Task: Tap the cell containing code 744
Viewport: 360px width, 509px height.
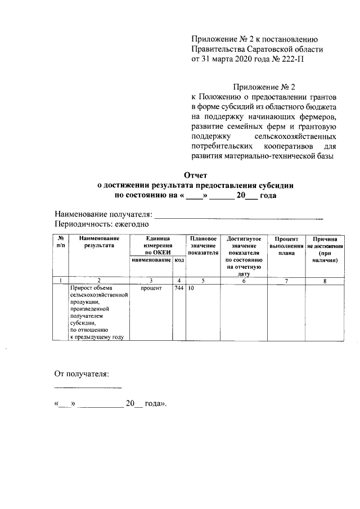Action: point(179,288)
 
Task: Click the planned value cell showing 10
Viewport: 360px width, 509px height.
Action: point(191,288)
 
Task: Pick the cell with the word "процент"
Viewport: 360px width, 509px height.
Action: point(151,288)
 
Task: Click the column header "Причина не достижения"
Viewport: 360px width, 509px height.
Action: point(325,250)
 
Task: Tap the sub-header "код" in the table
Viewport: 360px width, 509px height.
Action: point(179,260)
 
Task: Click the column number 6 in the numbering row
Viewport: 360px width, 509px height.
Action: point(244,280)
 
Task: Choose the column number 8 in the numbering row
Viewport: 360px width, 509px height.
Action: point(325,280)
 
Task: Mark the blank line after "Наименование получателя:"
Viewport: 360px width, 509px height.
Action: point(238,215)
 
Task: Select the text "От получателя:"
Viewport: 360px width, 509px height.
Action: point(81,373)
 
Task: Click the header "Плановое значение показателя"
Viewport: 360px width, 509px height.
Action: point(202,246)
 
